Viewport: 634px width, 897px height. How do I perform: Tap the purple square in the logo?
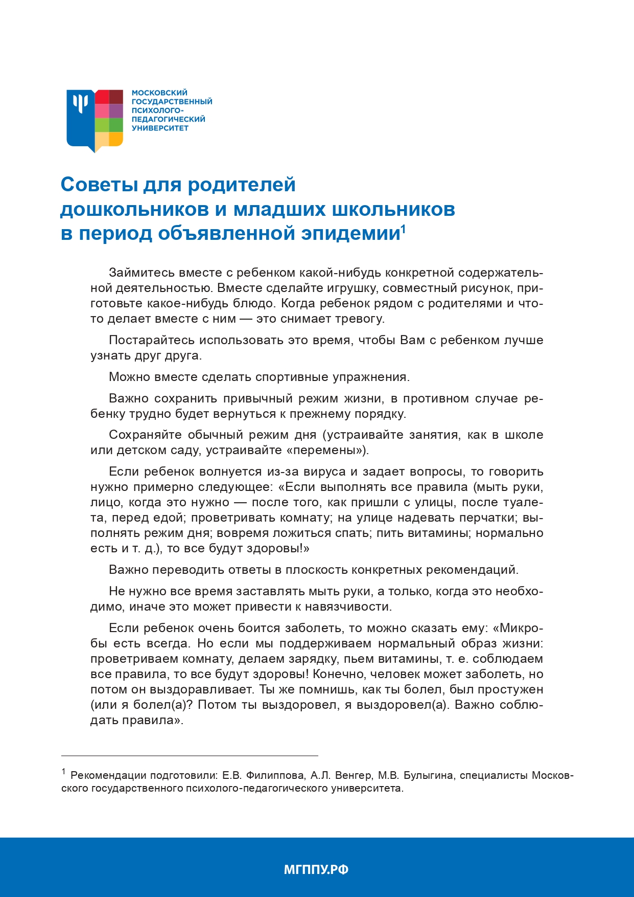pos(116,111)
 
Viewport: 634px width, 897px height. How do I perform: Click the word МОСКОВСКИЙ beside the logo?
pos(159,93)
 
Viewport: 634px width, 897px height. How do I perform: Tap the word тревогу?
pos(358,319)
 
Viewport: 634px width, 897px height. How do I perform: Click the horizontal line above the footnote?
pos(190,755)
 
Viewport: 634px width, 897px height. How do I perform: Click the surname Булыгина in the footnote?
pos(428,776)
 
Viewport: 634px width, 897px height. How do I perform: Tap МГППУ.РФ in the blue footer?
pos(316,869)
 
